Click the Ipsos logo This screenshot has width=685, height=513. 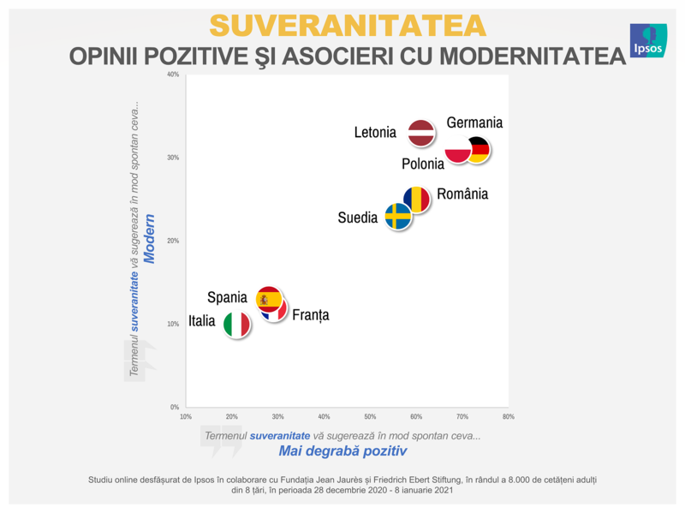[648, 40]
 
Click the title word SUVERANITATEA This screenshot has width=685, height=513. [347, 25]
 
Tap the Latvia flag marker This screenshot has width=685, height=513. [421, 133]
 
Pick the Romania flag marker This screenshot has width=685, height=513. [417, 200]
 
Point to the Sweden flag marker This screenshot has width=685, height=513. [397, 217]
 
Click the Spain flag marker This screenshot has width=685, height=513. [269, 299]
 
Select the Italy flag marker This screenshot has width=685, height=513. [237, 325]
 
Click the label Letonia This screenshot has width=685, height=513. [375, 133]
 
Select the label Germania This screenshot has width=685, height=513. [474, 122]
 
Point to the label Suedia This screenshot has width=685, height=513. [357, 218]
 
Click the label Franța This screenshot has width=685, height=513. [310, 315]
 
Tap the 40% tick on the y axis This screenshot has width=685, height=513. [173, 75]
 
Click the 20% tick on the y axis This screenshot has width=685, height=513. [173, 241]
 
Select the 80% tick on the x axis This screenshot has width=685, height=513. [508, 417]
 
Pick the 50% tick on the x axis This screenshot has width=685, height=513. [370, 417]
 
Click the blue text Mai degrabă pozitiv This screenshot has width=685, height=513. [342, 450]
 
